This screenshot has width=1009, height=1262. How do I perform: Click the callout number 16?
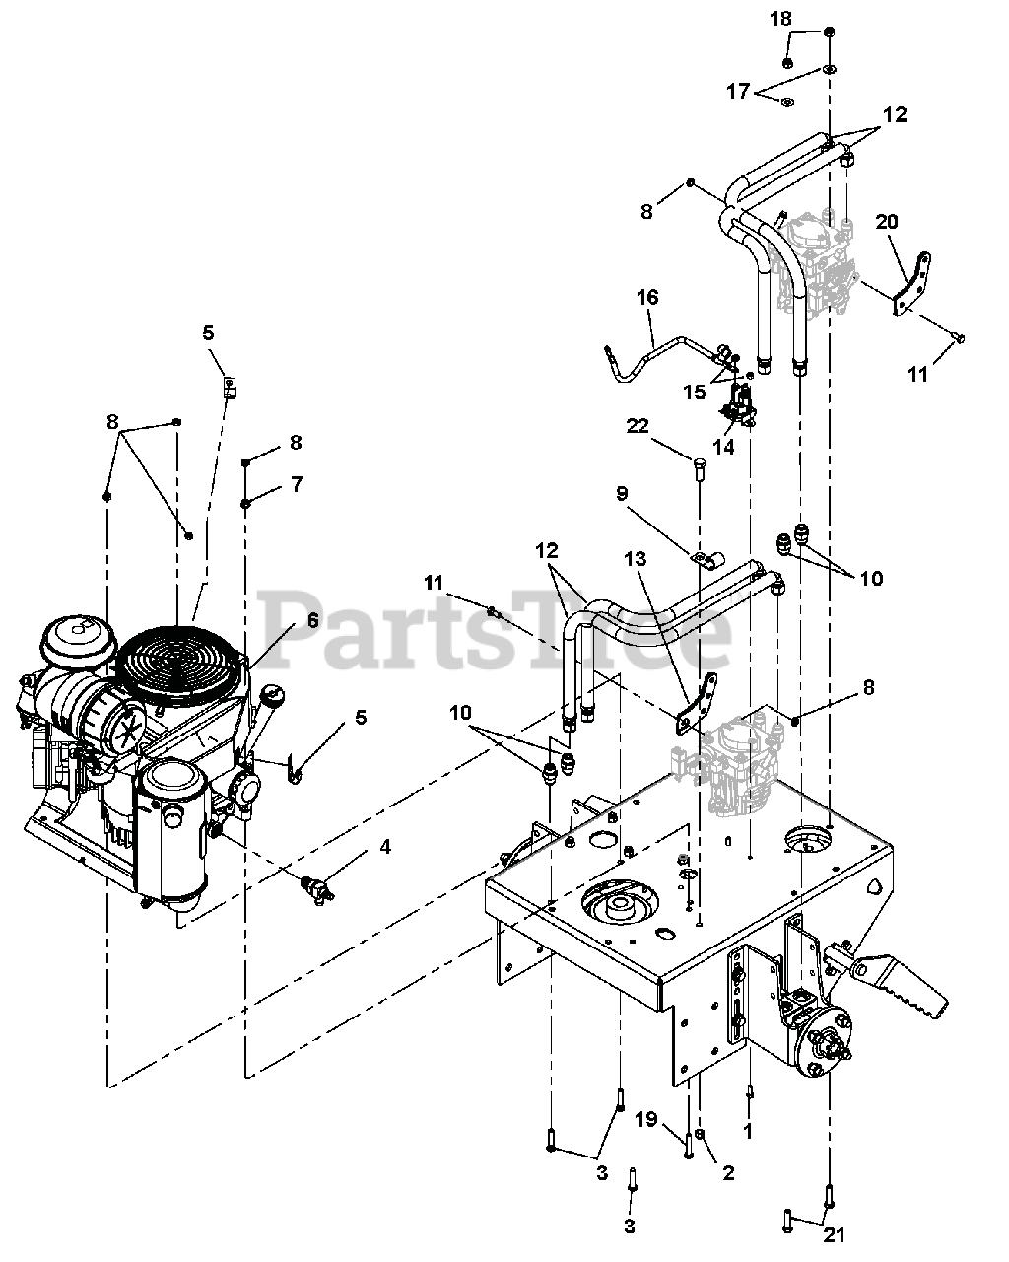(x=647, y=298)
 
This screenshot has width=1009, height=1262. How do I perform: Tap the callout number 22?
(x=638, y=426)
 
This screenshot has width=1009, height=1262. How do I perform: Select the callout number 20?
(x=887, y=222)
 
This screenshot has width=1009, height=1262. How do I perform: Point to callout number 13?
(x=635, y=559)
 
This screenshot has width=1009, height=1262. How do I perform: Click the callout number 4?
(x=385, y=846)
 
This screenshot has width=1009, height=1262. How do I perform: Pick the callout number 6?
(x=312, y=620)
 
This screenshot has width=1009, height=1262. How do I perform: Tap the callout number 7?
(x=297, y=484)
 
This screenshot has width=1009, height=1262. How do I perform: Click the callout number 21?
(x=834, y=1235)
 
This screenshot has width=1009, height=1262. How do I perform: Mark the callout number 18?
(x=780, y=19)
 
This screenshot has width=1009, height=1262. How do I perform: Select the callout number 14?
(x=723, y=447)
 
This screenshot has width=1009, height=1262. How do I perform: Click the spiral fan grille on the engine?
(x=178, y=664)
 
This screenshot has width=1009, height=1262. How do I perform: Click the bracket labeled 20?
(x=911, y=285)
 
